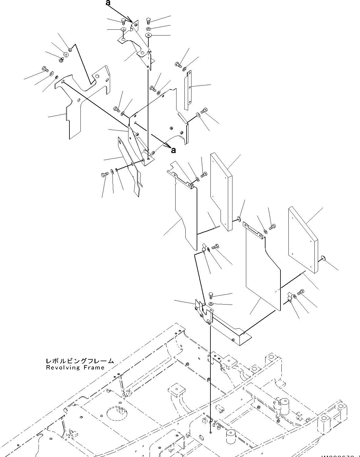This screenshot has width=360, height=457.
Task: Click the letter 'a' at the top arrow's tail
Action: (108, 3)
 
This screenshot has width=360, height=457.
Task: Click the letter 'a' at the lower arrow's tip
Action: (173, 150)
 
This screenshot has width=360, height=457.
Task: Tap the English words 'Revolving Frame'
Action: (75, 368)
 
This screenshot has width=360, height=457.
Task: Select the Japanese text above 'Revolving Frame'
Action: (80, 361)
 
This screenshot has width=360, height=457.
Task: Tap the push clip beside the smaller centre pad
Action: (239, 218)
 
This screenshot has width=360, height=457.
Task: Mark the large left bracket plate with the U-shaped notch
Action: (80, 98)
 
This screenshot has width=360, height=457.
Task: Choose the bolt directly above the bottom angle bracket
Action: (211, 295)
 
